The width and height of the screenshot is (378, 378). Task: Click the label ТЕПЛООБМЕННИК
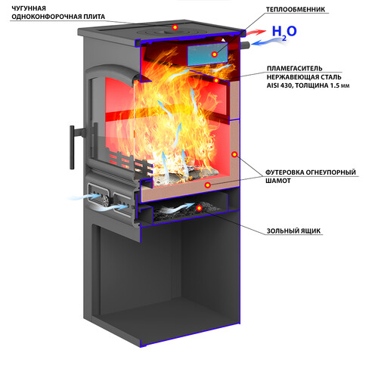pyautogui.click(x=296, y=10)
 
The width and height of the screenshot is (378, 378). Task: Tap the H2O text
pyautogui.click(x=284, y=33)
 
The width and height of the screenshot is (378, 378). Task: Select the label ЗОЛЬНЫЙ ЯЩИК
pyautogui.click(x=293, y=231)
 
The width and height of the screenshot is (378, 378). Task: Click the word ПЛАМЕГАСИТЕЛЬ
pyautogui.click(x=294, y=68)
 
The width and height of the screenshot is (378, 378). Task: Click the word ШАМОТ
pyautogui.click(x=278, y=181)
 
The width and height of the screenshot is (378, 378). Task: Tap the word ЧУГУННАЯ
pyautogui.click(x=29, y=8)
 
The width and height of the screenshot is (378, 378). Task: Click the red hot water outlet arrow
pyautogui.click(x=256, y=33)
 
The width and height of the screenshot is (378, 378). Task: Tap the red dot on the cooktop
pyautogui.click(x=175, y=27)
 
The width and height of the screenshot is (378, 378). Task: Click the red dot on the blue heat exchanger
pyautogui.click(x=214, y=54)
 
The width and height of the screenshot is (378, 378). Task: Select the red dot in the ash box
pyautogui.click(x=199, y=208)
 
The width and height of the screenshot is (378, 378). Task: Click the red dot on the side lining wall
pyautogui.click(x=234, y=154)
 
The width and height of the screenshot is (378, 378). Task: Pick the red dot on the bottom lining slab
pyautogui.click(x=207, y=185)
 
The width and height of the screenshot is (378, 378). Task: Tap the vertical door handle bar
pyautogui.click(x=72, y=147)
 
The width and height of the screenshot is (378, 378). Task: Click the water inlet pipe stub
pyautogui.click(x=246, y=45)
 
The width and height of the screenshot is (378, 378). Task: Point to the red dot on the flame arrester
pyautogui.click(x=216, y=80)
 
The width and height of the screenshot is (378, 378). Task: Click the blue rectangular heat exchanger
pyautogui.click(x=208, y=54)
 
